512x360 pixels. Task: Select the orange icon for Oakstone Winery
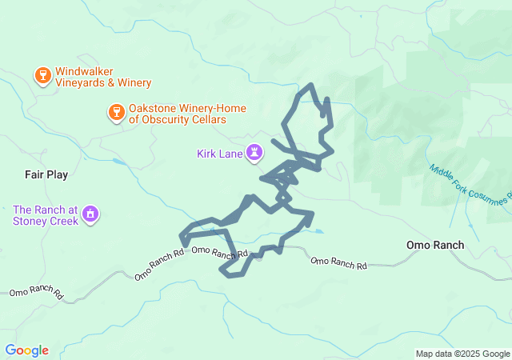tap(116, 112)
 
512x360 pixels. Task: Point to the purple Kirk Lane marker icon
tap(254, 152)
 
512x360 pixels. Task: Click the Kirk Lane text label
tap(219, 153)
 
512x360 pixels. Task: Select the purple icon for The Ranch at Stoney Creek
tap(90, 214)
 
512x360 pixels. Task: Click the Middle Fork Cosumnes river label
tap(469, 184)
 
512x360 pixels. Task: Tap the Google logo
tap(26, 350)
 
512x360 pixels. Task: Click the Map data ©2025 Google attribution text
tap(462, 354)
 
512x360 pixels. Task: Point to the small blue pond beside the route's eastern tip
tap(318, 232)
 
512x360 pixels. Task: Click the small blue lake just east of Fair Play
tap(119, 162)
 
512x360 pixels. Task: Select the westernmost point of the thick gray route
tap(181, 237)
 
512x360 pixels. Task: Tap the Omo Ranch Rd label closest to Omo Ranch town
tap(338, 262)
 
